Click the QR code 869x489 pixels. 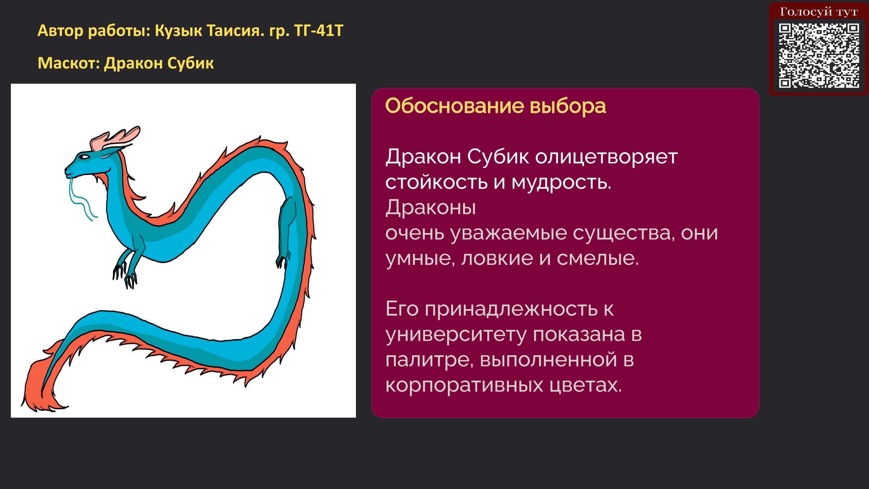pos(819,55)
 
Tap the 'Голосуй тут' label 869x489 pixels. pos(819,12)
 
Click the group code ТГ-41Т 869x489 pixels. pos(319,31)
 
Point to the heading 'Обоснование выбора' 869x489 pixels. pos(495,106)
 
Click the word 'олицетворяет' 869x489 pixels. pos(606,157)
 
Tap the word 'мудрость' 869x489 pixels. pos(561,183)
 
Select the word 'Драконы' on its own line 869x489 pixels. pos(431,208)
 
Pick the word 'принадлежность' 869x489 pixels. pos(511,309)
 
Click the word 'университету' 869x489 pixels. pos(456,335)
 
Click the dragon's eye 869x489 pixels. pos(84,157)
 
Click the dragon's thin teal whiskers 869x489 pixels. pos(81,199)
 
